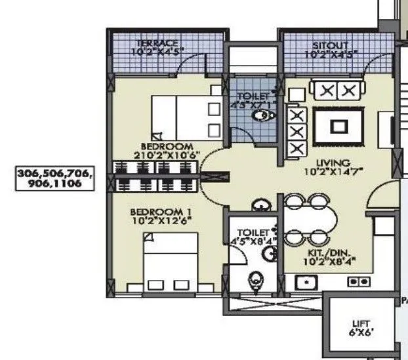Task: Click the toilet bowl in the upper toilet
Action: (262, 117)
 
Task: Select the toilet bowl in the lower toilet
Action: (256, 281)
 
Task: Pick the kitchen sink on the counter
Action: (306, 282)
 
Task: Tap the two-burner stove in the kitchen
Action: (359, 281)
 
